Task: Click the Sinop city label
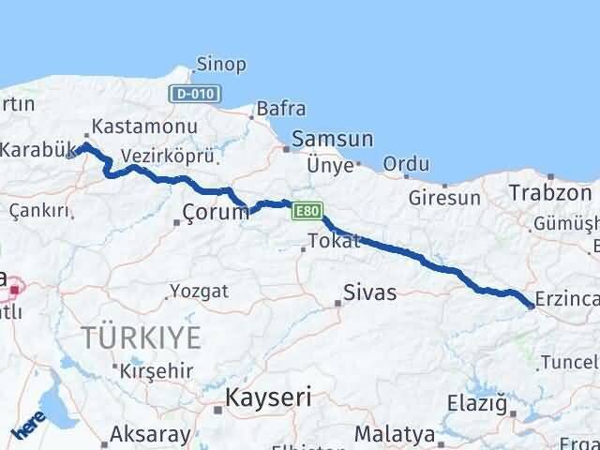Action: [x=221, y=65]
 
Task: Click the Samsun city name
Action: [x=332, y=139]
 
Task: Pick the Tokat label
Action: [x=334, y=241]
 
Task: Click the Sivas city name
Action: [x=369, y=292]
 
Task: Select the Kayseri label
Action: [x=267, y=397]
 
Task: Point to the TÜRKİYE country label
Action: [x=141, y=337]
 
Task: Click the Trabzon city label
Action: [x=550, y=193]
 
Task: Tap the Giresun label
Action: [x=444, y=198]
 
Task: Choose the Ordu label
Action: [x=406, y=164]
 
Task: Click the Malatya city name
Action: [x=395, y=435]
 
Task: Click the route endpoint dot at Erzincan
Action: [x=532, y=305]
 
